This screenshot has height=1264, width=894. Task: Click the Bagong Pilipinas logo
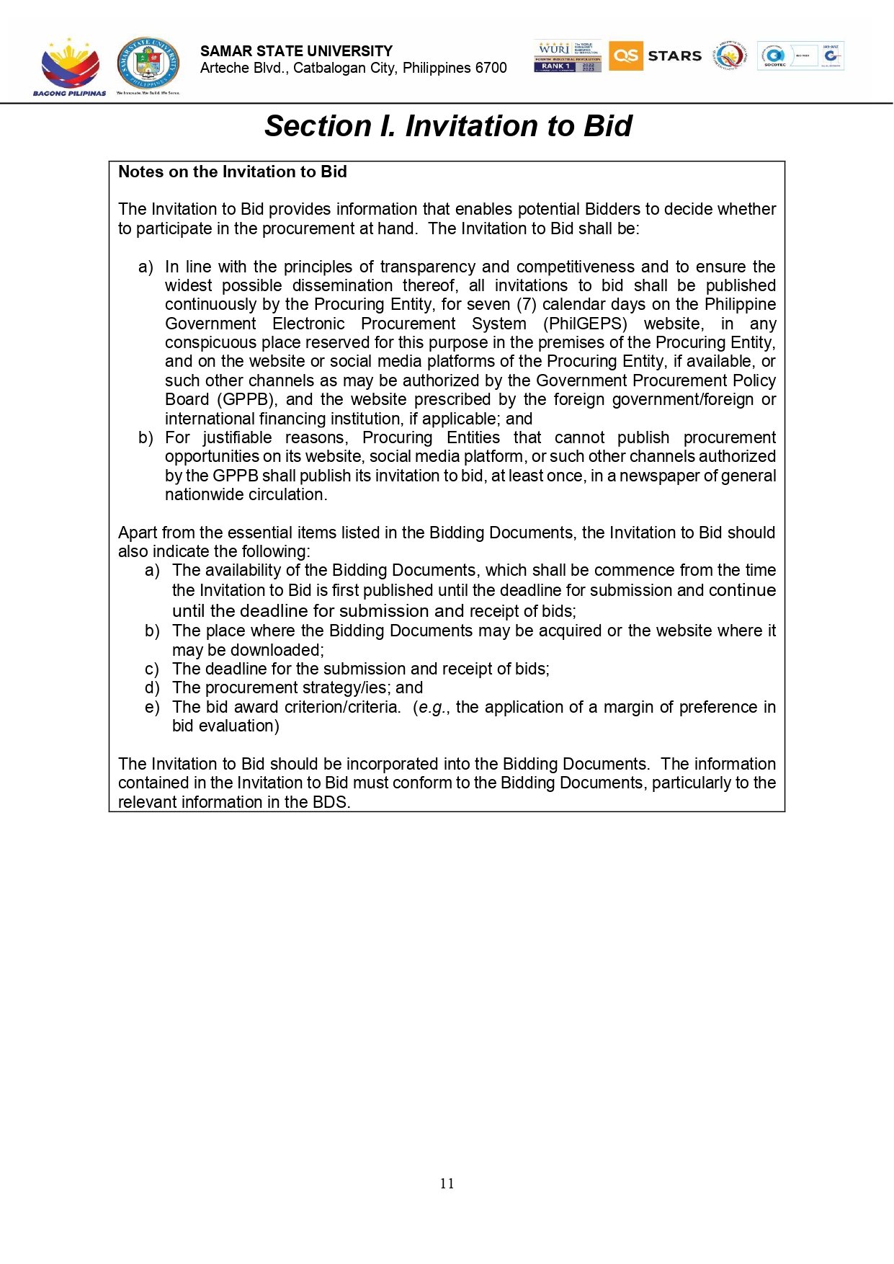pyautogui.click(x=69, y=66)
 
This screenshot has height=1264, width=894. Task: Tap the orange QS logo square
pyautogui.click(x=625, y=55)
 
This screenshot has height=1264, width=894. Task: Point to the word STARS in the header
pyautogui.click(x=674, y=56)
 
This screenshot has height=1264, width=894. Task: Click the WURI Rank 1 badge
pyautogui.click(x=568, y=56)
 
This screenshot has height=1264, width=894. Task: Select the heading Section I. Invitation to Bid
pyautogui.click(x=448, y=126)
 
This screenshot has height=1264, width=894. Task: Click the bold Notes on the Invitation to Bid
pyautogui.click(x=233, y=172)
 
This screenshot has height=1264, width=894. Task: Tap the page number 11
pyautogui.click(x=447, y=1183)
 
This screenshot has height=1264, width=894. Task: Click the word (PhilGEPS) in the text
pyautogui.click(x=585, y=324)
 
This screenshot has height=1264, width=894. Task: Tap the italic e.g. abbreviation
pyautogui.click(x=432, y=708)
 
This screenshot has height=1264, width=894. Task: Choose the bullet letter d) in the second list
pyautogui.click(x=152, y=688)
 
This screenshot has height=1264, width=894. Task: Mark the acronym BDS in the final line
pyautogui.click(x=329, y=803)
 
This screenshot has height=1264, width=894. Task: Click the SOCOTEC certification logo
pyautogui.click(x=775, y=56)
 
